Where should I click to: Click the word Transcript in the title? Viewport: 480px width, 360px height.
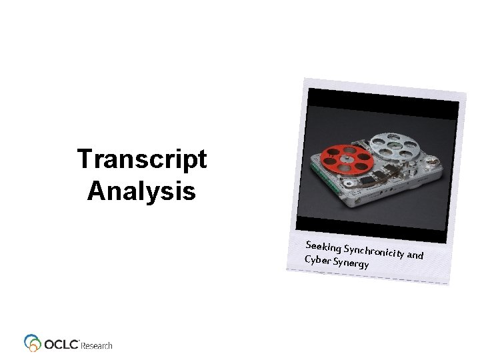pyautogui.click(x=141, y=161)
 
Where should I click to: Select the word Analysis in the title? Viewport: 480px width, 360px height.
pyautogui.click(x=141, y=192)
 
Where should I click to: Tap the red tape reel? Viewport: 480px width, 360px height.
pyautogui.click(x=345, y=159)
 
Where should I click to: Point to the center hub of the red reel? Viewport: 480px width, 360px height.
pyautogui.click(x=345, y=159)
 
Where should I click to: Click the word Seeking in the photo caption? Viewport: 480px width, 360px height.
pyautogui.click(x=323, y=243)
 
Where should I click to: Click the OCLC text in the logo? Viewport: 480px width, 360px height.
pyautogui.click(x=62, y=344)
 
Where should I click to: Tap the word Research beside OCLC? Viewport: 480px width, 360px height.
pyautogui.click(x=97, y=345)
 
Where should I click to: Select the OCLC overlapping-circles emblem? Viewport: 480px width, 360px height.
pyautogui.click(x=33, y=343)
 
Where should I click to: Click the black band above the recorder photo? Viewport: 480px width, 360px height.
pyautogui.click(x=383, y=105)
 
